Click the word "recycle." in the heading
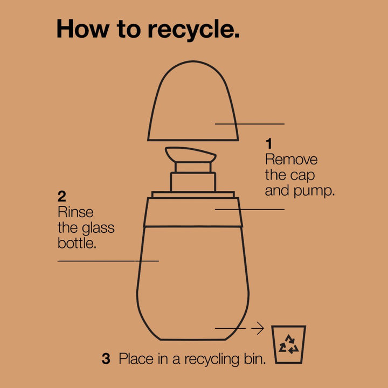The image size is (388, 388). tap(194, 30)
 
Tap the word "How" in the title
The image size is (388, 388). tap(83, 29)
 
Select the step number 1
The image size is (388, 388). tap(269, 144)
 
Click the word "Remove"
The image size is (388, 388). tap(291, 160)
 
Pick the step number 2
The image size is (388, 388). tap(61, 197)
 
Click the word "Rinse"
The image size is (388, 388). tap(75, 212)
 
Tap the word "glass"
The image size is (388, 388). tap(98, 228)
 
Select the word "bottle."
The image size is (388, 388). tap(77, 243)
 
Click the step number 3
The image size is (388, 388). tap(106, 359)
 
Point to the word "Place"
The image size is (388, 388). tap(136, 359)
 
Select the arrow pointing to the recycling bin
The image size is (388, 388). tap(258, 328)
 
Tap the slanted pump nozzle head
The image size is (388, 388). tap(191, 155)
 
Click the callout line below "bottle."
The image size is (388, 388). tap(108, 261)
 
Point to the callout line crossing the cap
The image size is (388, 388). tap(250, 124)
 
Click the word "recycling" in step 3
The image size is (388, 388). tap(212, 359)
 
